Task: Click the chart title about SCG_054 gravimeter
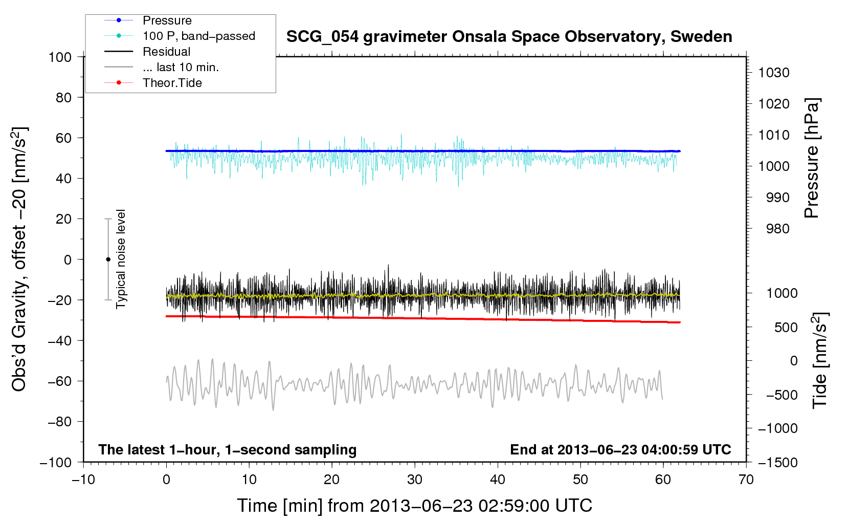tap(509, 37)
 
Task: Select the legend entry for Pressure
tap(167, 20)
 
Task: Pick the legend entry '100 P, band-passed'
tap(198, 36)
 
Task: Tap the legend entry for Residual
tap(166, 52)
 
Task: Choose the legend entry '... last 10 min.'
tap(181, 67)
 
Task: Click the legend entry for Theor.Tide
tap(172, 83)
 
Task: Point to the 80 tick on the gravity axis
tap(63, 97)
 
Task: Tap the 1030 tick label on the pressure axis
tap(774, 73)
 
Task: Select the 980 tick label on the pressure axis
tap(777, 229)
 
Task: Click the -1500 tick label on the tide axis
tap(778, 462)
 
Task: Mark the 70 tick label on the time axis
tap(746, 480)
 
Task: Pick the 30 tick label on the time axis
tap(415, 480)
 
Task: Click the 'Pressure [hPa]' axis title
tap(812, 158)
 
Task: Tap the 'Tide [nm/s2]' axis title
tap(819, 361)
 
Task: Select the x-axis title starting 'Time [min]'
tap(414, 506)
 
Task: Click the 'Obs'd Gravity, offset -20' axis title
tap(19, 259)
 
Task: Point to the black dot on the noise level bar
tap(108, 259)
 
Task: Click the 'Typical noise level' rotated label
tap(121, 259)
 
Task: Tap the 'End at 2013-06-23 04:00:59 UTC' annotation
tap(620, 449)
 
